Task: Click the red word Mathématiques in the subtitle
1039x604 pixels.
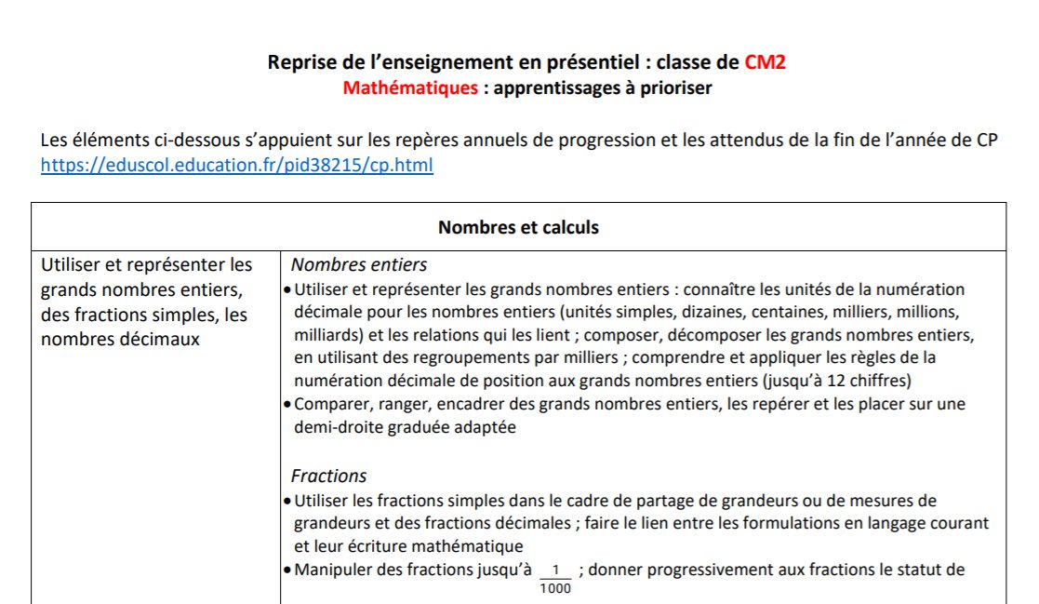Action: click(x=409, y=88)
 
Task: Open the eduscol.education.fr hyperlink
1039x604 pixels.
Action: click(x=236, y=166)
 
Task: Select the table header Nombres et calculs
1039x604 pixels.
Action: click(x=518, y=227)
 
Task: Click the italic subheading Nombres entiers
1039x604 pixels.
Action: click(x=359, y=265)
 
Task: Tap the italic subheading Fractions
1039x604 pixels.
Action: click(x=328, y=476)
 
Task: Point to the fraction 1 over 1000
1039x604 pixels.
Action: click(x=556, y=578)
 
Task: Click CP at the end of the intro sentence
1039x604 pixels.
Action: click(x=987, y=140)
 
